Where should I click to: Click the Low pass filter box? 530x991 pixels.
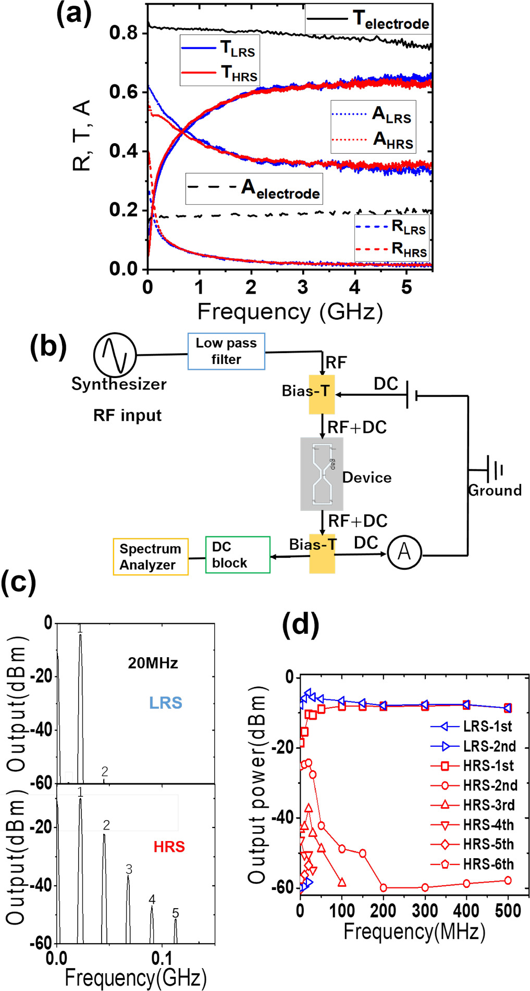226,352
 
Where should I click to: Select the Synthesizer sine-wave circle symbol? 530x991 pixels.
115,354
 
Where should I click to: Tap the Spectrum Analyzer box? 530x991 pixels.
150,557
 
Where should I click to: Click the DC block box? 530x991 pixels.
238,555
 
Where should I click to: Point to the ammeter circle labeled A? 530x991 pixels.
404,552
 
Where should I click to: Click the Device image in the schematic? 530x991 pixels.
322,473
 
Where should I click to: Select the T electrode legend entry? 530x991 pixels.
369,20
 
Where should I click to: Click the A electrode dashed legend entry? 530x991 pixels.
254,189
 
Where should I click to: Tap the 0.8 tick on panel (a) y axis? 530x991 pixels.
123,33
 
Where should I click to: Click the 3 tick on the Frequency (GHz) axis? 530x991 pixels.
303,287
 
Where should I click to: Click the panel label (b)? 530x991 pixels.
48,346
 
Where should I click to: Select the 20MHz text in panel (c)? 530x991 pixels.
153,663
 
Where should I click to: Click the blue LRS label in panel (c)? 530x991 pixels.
166,703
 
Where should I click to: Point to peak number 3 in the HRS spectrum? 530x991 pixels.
129,869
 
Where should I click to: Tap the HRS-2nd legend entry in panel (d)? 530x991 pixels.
474,785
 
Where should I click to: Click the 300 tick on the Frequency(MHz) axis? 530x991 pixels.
425,911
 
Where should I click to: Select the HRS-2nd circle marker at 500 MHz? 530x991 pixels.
508,880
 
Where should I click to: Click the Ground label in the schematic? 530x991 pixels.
495,490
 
